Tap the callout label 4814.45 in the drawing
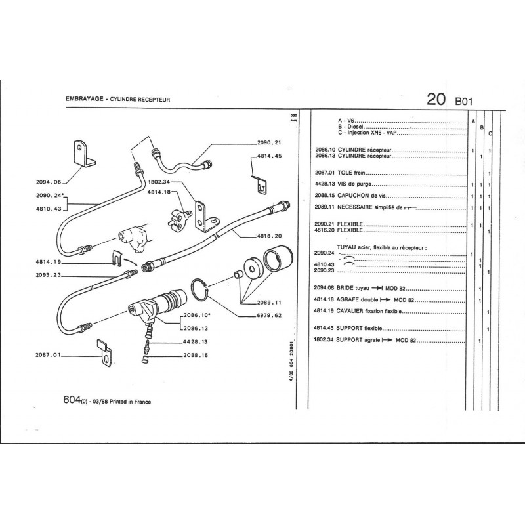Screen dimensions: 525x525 pyautogui.click(x=269, y=156)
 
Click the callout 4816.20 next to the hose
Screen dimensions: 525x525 pyautogui.click(x=268, y=236)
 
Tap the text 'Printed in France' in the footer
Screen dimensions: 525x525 pyautogui.click(x=129, y=402)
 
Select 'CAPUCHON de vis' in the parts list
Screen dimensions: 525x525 pyautogui.click(x=358, y=196)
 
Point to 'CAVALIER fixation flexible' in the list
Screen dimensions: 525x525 pyautogui.click(x=371, y=311)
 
